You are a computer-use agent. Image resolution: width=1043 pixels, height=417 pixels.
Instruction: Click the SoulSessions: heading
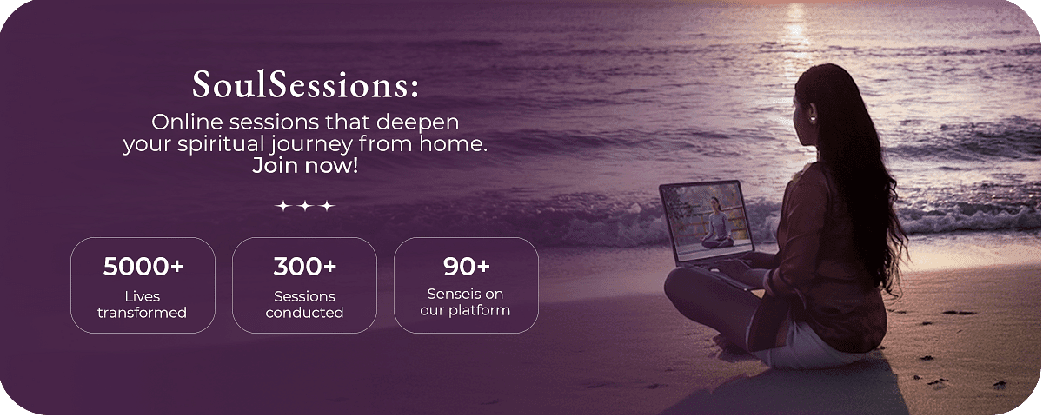pyautogui.click(x=305, y=85)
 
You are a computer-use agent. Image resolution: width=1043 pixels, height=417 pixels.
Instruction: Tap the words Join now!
pyautogui.click(x=305, y=166)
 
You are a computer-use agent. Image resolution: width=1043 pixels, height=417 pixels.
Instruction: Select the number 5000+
pyautogui.click(x=143, y=266)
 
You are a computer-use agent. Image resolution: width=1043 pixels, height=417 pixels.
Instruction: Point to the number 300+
pyautogui.click(x=304, y=266)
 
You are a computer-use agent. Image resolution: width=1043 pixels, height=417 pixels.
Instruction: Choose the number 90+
pyautogui.click(x=466, y=266)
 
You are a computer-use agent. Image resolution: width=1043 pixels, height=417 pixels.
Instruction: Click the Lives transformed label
pyautogui.click(x=142, y=304)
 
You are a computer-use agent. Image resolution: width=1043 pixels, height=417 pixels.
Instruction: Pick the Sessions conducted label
pyautogui.click(x=304, y=304)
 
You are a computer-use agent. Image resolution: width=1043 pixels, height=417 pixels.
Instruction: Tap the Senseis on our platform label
pyautogui.click(x=465, y=302)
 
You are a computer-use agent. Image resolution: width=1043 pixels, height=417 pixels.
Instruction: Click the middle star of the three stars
pyautogui.click(x=305, y=205)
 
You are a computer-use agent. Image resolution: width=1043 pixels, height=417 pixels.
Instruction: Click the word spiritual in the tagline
pyautogui.click(x=221, y=145)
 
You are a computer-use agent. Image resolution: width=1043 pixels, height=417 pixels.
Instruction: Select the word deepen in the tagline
pyautogui.click(x=417, y=123)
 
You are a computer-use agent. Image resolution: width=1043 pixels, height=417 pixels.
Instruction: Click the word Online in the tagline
pyautogui.click(x=187, y=122)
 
